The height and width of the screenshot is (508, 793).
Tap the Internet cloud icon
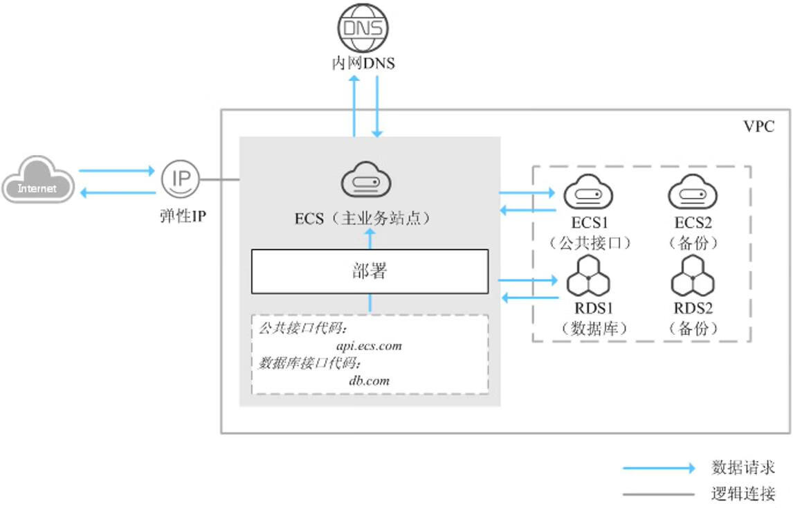tap(37, 181)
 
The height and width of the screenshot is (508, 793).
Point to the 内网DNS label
tap(363, 64)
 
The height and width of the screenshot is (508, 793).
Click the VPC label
tap(758, 127)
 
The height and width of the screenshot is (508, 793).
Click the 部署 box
tap(370, 271)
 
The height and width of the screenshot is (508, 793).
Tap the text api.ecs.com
tap(369, 345)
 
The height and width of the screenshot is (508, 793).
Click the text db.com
tap(369, 380)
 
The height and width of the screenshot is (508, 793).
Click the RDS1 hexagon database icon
tap(588, 279)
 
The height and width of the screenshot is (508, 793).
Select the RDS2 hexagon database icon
tap(693, 279)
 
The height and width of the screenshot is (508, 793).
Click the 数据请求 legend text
tap(743, 468)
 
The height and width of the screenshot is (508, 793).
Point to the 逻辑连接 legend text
tap(743, 494)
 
